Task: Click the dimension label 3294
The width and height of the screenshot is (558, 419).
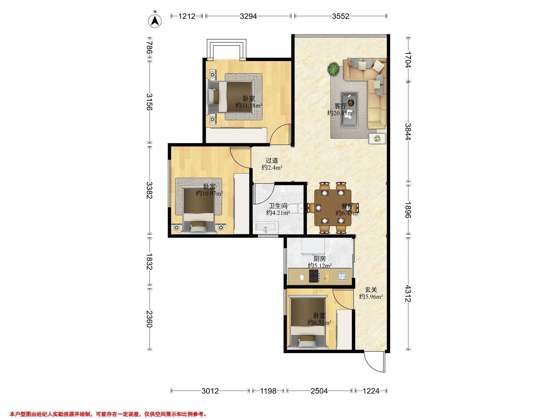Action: (248, 16)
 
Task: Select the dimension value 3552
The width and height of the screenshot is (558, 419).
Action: (341, 16)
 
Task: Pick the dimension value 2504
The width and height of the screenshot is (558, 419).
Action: (319, 391)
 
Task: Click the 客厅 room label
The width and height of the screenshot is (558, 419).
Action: (341, 106)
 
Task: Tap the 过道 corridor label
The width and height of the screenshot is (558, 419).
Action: (272, 160)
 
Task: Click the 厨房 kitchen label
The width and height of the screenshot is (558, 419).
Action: (320, 259)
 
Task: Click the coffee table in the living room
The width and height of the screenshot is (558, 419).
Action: (349, 110)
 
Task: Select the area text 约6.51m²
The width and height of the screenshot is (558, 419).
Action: (319, 323)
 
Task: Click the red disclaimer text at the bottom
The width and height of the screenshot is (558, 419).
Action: (108, 414)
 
